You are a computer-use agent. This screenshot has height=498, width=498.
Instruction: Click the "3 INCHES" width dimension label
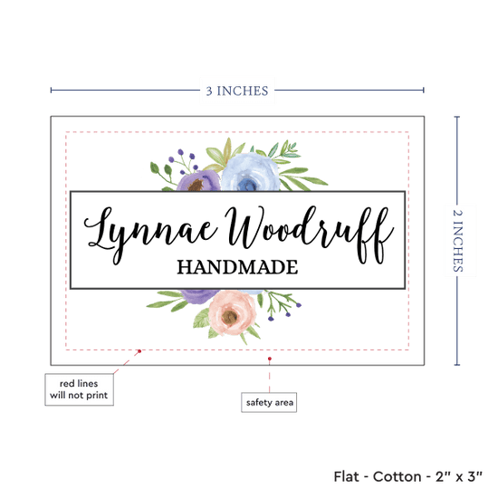point(237,91)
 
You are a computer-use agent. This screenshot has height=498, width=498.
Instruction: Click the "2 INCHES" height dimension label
point(457,241)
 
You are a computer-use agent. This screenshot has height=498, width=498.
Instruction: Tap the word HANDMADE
point(237,267)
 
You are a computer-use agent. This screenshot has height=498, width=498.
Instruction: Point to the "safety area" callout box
point(269,402)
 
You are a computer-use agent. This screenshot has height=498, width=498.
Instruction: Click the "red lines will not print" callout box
point(79,389)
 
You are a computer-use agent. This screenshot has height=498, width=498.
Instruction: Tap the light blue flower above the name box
point(250,172)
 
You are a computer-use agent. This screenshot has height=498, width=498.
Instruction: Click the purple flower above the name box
point(198,181)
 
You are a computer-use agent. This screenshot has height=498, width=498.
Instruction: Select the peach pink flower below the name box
point(232,313)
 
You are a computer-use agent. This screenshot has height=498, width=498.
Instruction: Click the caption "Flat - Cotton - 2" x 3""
point(407,476)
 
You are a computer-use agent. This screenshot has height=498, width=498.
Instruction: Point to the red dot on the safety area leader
point(270,359)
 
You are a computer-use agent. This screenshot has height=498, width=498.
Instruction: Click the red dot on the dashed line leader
point(139,351)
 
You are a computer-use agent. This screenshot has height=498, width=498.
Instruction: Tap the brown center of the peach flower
point(230,316)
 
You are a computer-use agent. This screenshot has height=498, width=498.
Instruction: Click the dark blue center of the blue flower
point(246,185)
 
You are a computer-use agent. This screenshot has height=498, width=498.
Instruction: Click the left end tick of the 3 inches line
point(51,91)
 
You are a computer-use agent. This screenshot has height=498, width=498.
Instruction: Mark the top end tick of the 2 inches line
point(457,117)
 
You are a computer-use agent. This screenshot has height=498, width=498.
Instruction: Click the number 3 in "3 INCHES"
point(209,91)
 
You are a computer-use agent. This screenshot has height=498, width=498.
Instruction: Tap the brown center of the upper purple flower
point(196,185)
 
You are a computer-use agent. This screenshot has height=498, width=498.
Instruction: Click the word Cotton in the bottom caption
point(397,476)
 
